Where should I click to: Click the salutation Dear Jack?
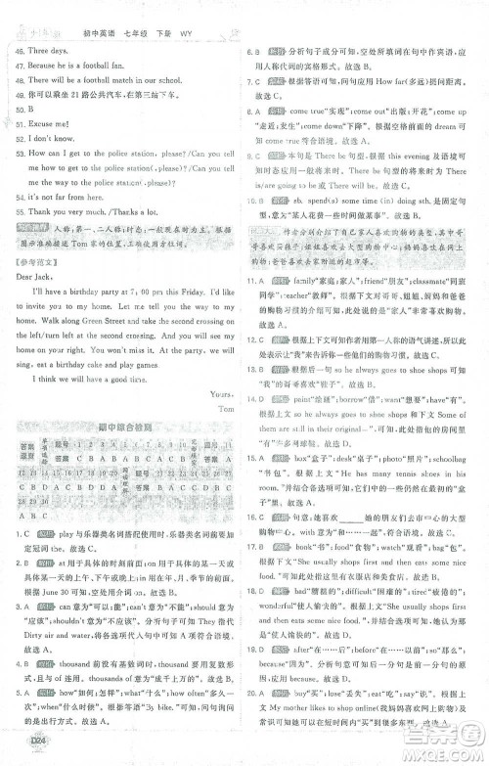[37, 275]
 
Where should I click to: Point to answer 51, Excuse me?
[44, 126]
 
